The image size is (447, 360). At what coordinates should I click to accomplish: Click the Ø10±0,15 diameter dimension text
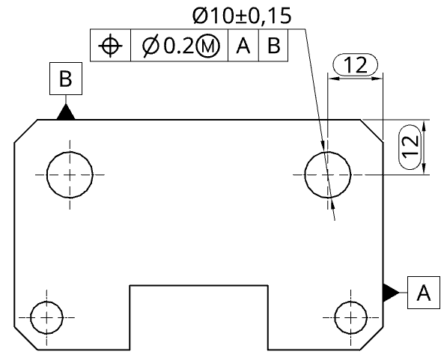[242, 16]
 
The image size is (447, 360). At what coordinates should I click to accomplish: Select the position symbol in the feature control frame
[110, 46]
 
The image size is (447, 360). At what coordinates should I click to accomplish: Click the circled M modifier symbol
[208, 46]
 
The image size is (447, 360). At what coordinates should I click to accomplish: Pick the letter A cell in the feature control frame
[243, 46]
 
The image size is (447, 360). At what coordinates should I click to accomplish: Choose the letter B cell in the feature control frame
[273, 46]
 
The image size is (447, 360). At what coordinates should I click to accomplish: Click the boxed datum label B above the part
[66, 79]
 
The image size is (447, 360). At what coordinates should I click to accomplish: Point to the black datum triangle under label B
[66, 112]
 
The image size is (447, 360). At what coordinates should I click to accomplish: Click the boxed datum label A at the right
[424, 293]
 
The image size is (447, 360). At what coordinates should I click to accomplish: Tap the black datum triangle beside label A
[390, 293]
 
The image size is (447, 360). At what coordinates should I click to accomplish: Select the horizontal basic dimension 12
[356, 64]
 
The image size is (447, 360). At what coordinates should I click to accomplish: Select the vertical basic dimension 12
[410, 147]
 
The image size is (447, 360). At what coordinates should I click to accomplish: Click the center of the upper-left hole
[70, 174]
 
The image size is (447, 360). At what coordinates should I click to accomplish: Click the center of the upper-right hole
[328, 174]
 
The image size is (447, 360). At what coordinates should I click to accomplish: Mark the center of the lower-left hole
[46, 317]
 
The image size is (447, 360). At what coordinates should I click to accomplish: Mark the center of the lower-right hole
[351, 317]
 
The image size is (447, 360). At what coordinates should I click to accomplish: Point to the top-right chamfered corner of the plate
[371, 130]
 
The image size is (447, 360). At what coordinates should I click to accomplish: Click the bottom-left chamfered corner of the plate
[26, 338]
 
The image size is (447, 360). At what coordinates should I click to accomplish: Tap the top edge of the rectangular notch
[199, 285]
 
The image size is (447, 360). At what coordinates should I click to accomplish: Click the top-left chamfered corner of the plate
[26, 131]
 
